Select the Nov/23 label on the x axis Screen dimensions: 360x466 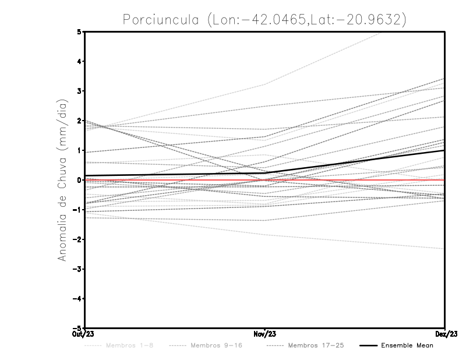click(265, 334)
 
